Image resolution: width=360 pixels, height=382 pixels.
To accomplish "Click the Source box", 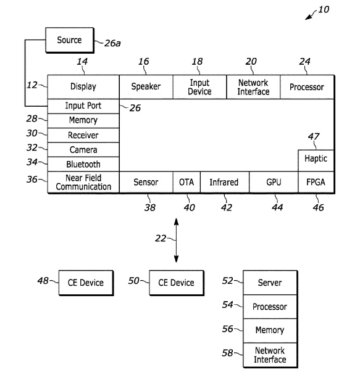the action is [x=70, y=40].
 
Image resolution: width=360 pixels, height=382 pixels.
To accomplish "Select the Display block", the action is [x=83, y=87].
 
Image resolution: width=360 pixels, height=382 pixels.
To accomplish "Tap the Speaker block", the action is [x=146, y=87].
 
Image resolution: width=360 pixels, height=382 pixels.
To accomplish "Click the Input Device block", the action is [x=199, y=87].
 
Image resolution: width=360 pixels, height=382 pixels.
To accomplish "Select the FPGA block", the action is [x=316, y=182].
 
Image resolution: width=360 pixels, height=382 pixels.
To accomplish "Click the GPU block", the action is [x=274, y=182].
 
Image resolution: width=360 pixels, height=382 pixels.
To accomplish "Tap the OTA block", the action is [x=186, y=182].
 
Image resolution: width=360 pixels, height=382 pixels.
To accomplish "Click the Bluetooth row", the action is [x=83, y=164].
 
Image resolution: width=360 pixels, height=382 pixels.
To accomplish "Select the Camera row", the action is [x=83, y=149].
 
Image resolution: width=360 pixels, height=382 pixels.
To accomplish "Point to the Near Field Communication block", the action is [x=83, y=182].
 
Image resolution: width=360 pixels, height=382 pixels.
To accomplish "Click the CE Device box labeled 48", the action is [x=86, y=283].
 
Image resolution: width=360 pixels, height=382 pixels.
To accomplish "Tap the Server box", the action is [x=270, y=283].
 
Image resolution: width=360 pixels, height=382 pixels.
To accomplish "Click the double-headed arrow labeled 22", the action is [x=176, y=240].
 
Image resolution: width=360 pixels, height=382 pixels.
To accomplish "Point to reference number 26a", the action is [x=112, y=43].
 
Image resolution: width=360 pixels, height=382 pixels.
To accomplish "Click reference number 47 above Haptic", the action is [x=314, y=136].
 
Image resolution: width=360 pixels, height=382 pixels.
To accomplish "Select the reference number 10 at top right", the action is [x=324, y=9].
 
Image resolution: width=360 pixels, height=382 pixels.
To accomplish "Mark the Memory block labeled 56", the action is [x=270, y=331].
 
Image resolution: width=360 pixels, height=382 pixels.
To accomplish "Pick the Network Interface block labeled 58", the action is [x=270, y=355].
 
